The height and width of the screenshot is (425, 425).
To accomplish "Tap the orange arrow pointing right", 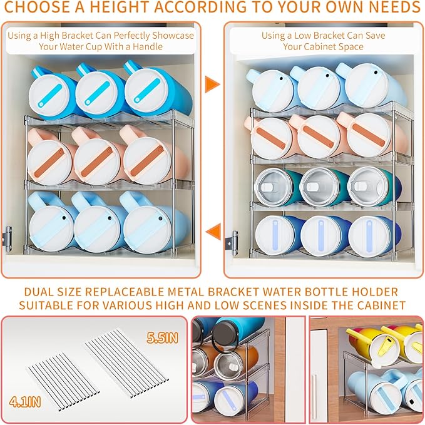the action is [x=212, y=84].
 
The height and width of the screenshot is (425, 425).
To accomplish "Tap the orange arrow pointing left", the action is [x=214, y=232].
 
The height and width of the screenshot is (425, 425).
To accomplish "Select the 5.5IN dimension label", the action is [x=162, y=338].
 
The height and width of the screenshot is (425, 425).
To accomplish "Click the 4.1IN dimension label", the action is [x=25, y=402].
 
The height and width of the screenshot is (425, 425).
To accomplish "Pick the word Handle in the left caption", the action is [x=148, y=46].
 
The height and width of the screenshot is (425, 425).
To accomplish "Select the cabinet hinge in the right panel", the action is [x=232, y=240].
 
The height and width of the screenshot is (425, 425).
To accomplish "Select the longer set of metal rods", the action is [x=126, y=363].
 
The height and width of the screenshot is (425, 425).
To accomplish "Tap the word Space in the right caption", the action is [x=350, y=47].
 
